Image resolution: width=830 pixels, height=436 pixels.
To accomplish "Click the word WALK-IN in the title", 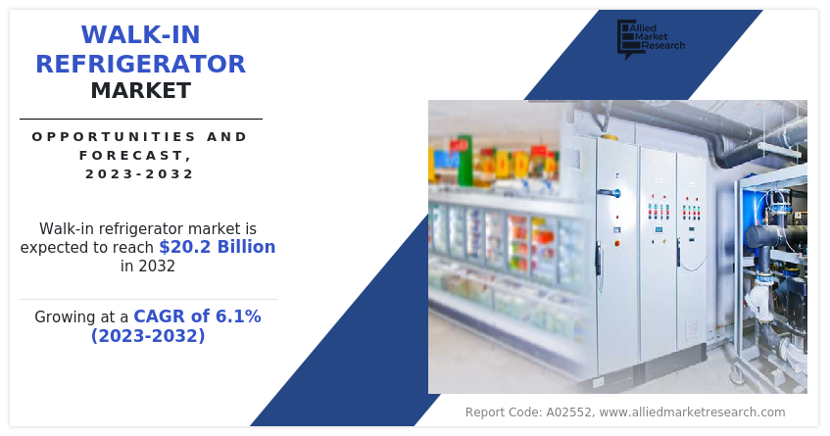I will point(140,34).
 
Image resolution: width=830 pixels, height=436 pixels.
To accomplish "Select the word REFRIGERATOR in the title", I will point(140,64).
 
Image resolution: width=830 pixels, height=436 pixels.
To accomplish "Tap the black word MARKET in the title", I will point(140,91).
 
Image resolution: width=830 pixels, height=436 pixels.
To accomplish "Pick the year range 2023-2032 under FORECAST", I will point(140,174).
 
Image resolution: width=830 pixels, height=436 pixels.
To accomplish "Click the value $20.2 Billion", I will point(217,247).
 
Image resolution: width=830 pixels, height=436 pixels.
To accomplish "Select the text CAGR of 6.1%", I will point(198,316).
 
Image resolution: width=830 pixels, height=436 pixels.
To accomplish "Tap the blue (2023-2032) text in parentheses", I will point(148,336).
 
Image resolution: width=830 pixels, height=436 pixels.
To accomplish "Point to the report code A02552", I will point(563,412).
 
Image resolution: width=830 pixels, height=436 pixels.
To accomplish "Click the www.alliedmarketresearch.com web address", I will point(692,412).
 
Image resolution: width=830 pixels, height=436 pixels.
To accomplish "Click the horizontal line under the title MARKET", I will point(140,119).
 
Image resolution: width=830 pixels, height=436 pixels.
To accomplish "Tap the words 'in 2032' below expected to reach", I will point(148,266).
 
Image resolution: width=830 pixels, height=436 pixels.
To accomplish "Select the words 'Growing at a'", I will point(81,317).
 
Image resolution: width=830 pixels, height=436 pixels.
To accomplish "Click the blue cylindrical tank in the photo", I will point(757,209).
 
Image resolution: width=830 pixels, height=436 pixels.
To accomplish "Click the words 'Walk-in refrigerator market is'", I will point(147,227).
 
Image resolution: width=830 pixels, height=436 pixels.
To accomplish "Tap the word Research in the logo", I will point(665,46).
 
